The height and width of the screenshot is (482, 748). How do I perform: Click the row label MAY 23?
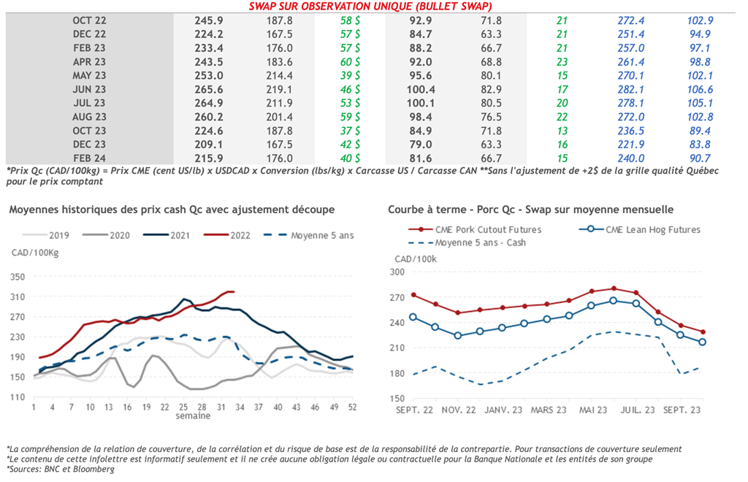pos(89,75)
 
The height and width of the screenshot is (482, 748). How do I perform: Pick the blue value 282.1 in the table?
pos(631,89)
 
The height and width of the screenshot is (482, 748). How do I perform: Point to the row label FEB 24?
pos(89,158)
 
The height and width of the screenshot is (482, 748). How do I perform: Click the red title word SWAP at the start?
pos(264,6)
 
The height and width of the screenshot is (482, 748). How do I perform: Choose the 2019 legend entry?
pos(59,235)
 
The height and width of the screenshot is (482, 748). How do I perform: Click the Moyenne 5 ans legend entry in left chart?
pos(320,235)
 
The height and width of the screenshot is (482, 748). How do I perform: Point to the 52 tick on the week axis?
pos(353,407)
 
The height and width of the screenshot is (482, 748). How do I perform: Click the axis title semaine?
pos(194,416)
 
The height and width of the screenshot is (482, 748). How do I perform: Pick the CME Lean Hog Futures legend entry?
pos(652,229)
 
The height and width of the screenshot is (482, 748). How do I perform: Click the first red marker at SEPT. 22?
pos(414,295)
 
